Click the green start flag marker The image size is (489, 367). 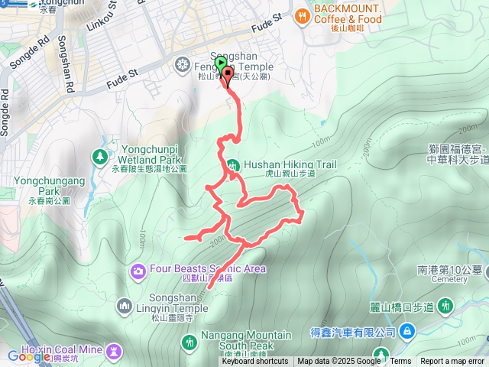tap(221, 64)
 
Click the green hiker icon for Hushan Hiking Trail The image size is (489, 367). tap(232, 164)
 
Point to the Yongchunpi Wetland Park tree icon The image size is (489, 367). tap(99, 157)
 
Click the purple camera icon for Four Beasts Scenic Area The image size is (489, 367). tap(138, 269)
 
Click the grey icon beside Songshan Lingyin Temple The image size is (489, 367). tap(125, 307)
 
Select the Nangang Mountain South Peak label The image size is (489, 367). tap(246, 340)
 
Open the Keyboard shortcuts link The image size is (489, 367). tap(254, 362)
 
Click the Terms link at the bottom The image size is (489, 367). tap(400, 362)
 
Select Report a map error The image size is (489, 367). tap(453, 362)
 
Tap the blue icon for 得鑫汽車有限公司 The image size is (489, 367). tap(406, 331)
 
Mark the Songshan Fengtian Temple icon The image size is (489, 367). tap(182, 63)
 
